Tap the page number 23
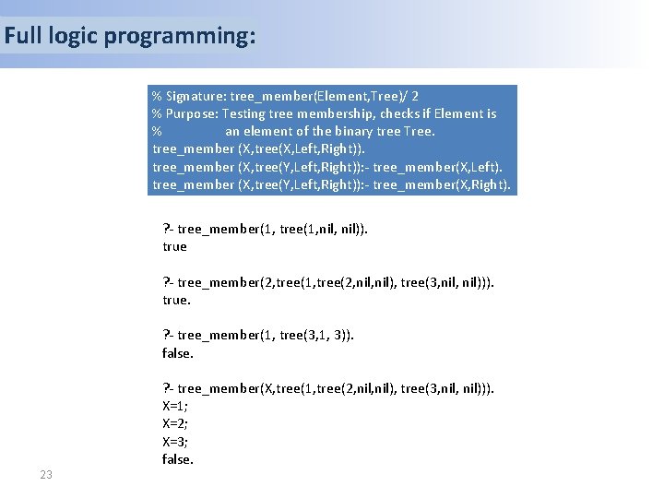pos(46,475)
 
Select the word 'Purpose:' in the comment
pos(192,113)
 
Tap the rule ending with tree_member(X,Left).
pos(327,167)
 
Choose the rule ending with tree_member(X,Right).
pos(331,184)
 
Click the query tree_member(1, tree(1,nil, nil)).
pos(265,229)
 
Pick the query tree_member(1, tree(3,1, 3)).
pos(258,335)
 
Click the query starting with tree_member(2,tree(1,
pos(328,282)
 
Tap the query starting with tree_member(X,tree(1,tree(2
pos(328,388)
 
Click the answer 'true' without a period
pos(174,246)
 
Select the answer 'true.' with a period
pos(176,300)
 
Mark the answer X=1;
pos(175,406)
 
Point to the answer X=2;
pos(175,423)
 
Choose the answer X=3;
pos(175,441)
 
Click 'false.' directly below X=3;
pos(178,459)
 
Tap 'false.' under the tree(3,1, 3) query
pos(178,353)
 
